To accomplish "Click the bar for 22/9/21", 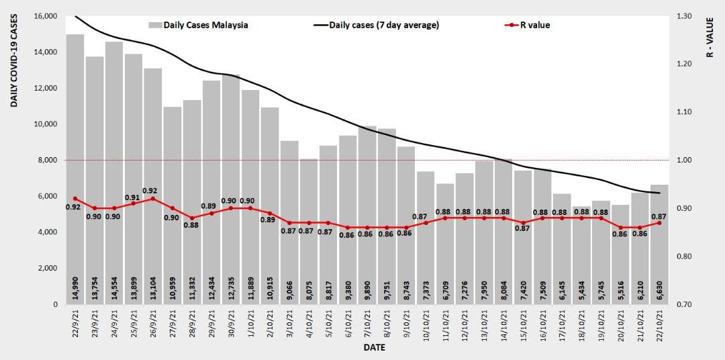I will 75,168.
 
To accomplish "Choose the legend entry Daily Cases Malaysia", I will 198,26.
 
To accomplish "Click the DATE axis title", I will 374,348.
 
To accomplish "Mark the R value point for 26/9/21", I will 153,199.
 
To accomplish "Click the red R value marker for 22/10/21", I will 660,223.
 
